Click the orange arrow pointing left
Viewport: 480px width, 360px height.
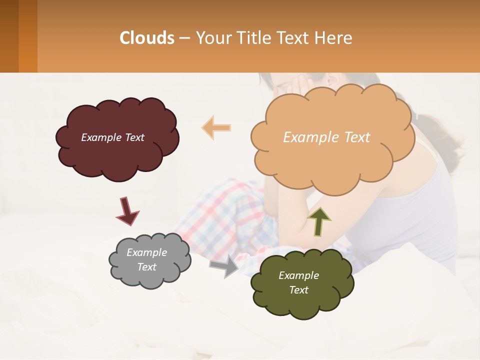pos(216,127)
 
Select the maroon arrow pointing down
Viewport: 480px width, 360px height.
pos(127,210)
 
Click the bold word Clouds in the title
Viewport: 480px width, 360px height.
pos(146,38)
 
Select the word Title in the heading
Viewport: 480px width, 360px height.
pos(253,38)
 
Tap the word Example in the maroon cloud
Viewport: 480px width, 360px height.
pos(100,137)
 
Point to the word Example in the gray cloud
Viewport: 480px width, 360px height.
pos(147,252)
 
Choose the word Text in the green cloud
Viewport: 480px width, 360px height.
pos(298,290)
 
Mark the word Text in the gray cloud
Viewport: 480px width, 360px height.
pos(147,267)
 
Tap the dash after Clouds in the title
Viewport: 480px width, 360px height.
pos(184,38)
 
